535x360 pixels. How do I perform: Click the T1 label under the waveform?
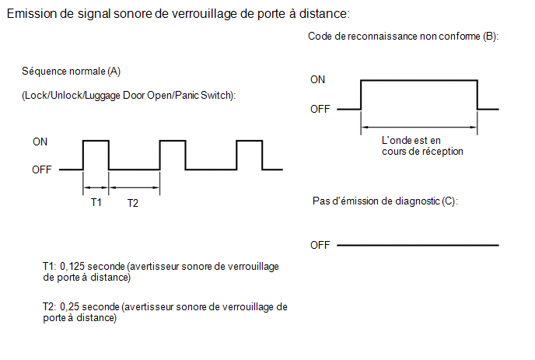click(x=96, y=202)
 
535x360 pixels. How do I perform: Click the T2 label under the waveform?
click(x=133, y=203)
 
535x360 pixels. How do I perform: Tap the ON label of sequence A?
click(x=40, y=142)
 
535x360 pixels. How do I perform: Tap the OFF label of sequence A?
click(x=42, y=170)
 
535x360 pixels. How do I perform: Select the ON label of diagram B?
click(x=317, y=79)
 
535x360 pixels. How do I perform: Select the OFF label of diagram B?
click(x=320, y=109)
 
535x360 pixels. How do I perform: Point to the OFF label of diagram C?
click(x=320, y=245)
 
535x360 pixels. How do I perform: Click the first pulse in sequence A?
click(x=96, y=140)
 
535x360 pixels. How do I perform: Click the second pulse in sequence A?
click(x=173, y=140)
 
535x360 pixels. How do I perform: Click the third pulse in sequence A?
click(x=250, y=140)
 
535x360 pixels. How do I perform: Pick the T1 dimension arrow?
click(x=96, y=187)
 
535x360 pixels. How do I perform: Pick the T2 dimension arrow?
click(x=134, y=187)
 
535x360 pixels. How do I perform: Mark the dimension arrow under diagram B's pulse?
click(x=419, y=128)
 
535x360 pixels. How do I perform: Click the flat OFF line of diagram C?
click(x=418, y=245)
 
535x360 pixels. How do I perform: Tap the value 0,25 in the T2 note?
click(x=70, y=306)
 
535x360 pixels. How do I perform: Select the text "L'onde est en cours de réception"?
click(x=422, y=145)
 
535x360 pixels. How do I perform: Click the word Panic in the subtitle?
click(x=187, y=95)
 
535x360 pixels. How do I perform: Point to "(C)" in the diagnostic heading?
click(x=449, y=201)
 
